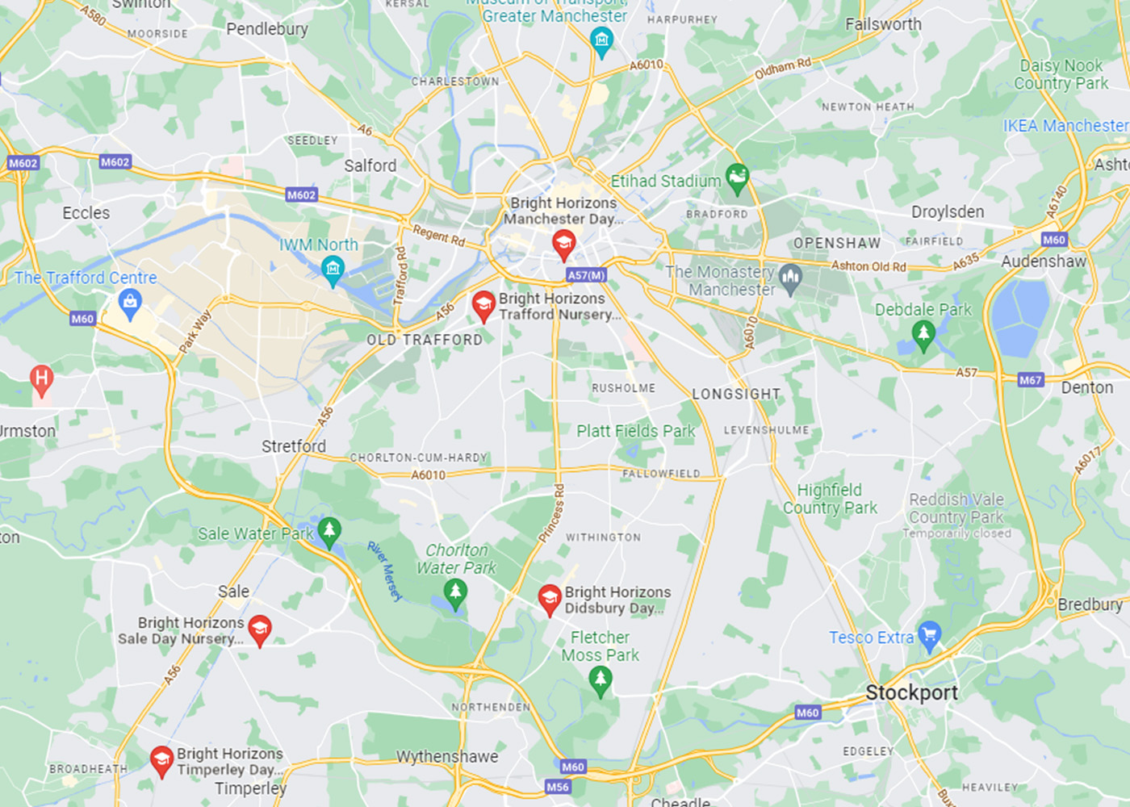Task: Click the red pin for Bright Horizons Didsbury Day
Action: [x=550, y=600]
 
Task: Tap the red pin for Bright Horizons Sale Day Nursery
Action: [x=259, y=629]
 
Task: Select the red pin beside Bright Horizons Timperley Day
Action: [x=161, y=761]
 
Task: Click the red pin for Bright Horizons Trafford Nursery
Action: [x=483, y=306]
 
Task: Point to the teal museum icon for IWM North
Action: [x=333, y=270]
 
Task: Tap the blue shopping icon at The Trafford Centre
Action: [x=130, y=303]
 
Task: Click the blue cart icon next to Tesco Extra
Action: [x=929, y=635]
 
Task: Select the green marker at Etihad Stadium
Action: [x=737, y=178]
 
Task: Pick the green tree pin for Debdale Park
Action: [x=923, y=334]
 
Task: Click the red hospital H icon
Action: [x=41, y=378]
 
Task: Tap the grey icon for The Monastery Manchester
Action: [x=791, y=278]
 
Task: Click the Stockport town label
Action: [x=911, y=692]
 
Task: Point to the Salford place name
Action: [x=370, y=165]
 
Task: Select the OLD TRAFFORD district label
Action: [x=425, y=340]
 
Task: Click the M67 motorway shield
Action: [x=1030, y=380]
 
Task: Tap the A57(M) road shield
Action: [x=586, y=275]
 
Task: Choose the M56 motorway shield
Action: [x=557, y=787]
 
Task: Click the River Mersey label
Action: [x=384, y=571]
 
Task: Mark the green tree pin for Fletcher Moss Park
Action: [x=600, y=681]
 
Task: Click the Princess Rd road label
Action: [x=552, y=513]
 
